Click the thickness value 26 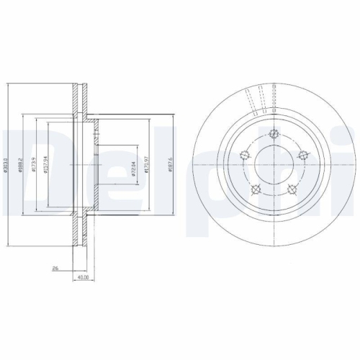click(x=55, y=267)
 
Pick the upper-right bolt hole click(x=302, y=154)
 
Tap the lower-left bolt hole click(x=255, y=189)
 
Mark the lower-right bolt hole click(x=291, y=189)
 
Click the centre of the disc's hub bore click(x=273, y=168)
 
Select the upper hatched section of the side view click(x=80, y=101)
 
